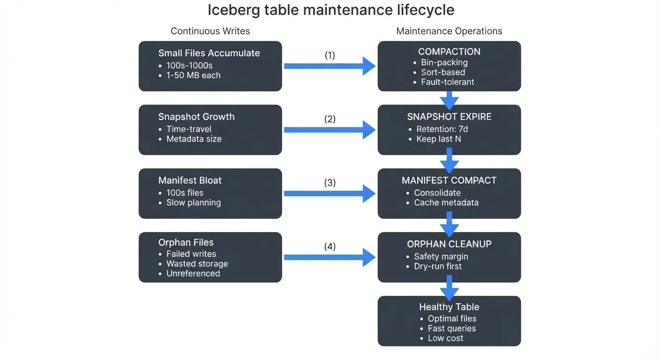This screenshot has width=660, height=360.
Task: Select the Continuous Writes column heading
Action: tap(210, 31)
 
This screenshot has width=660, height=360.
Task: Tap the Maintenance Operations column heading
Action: tap(449, 31)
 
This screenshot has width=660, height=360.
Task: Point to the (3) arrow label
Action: tap(330, 183)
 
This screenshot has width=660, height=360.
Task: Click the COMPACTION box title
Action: tap(449, 52)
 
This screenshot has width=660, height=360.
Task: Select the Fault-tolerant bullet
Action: tap(447, 82)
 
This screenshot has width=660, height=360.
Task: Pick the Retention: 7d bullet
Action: tap(442, 129)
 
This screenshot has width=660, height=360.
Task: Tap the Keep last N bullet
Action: tap(438, 139)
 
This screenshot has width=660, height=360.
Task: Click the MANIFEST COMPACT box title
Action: tap(449, 180)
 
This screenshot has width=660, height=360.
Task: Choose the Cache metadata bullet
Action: tap(446, 202)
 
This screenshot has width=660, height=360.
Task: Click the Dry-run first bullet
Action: tap(438, 266)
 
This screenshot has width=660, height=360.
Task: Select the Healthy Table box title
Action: tap(449, 307)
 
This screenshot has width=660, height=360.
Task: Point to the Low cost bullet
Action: tap(445, 338)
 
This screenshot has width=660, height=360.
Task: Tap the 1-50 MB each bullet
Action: tap(193, 75)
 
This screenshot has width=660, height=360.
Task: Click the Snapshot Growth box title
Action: tap(196, 117)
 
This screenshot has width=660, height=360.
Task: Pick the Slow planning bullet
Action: tap(193, 202)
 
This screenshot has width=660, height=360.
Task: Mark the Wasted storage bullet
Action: tap(197, 263)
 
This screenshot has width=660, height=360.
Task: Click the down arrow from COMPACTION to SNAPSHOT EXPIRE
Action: tap(449, 98)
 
